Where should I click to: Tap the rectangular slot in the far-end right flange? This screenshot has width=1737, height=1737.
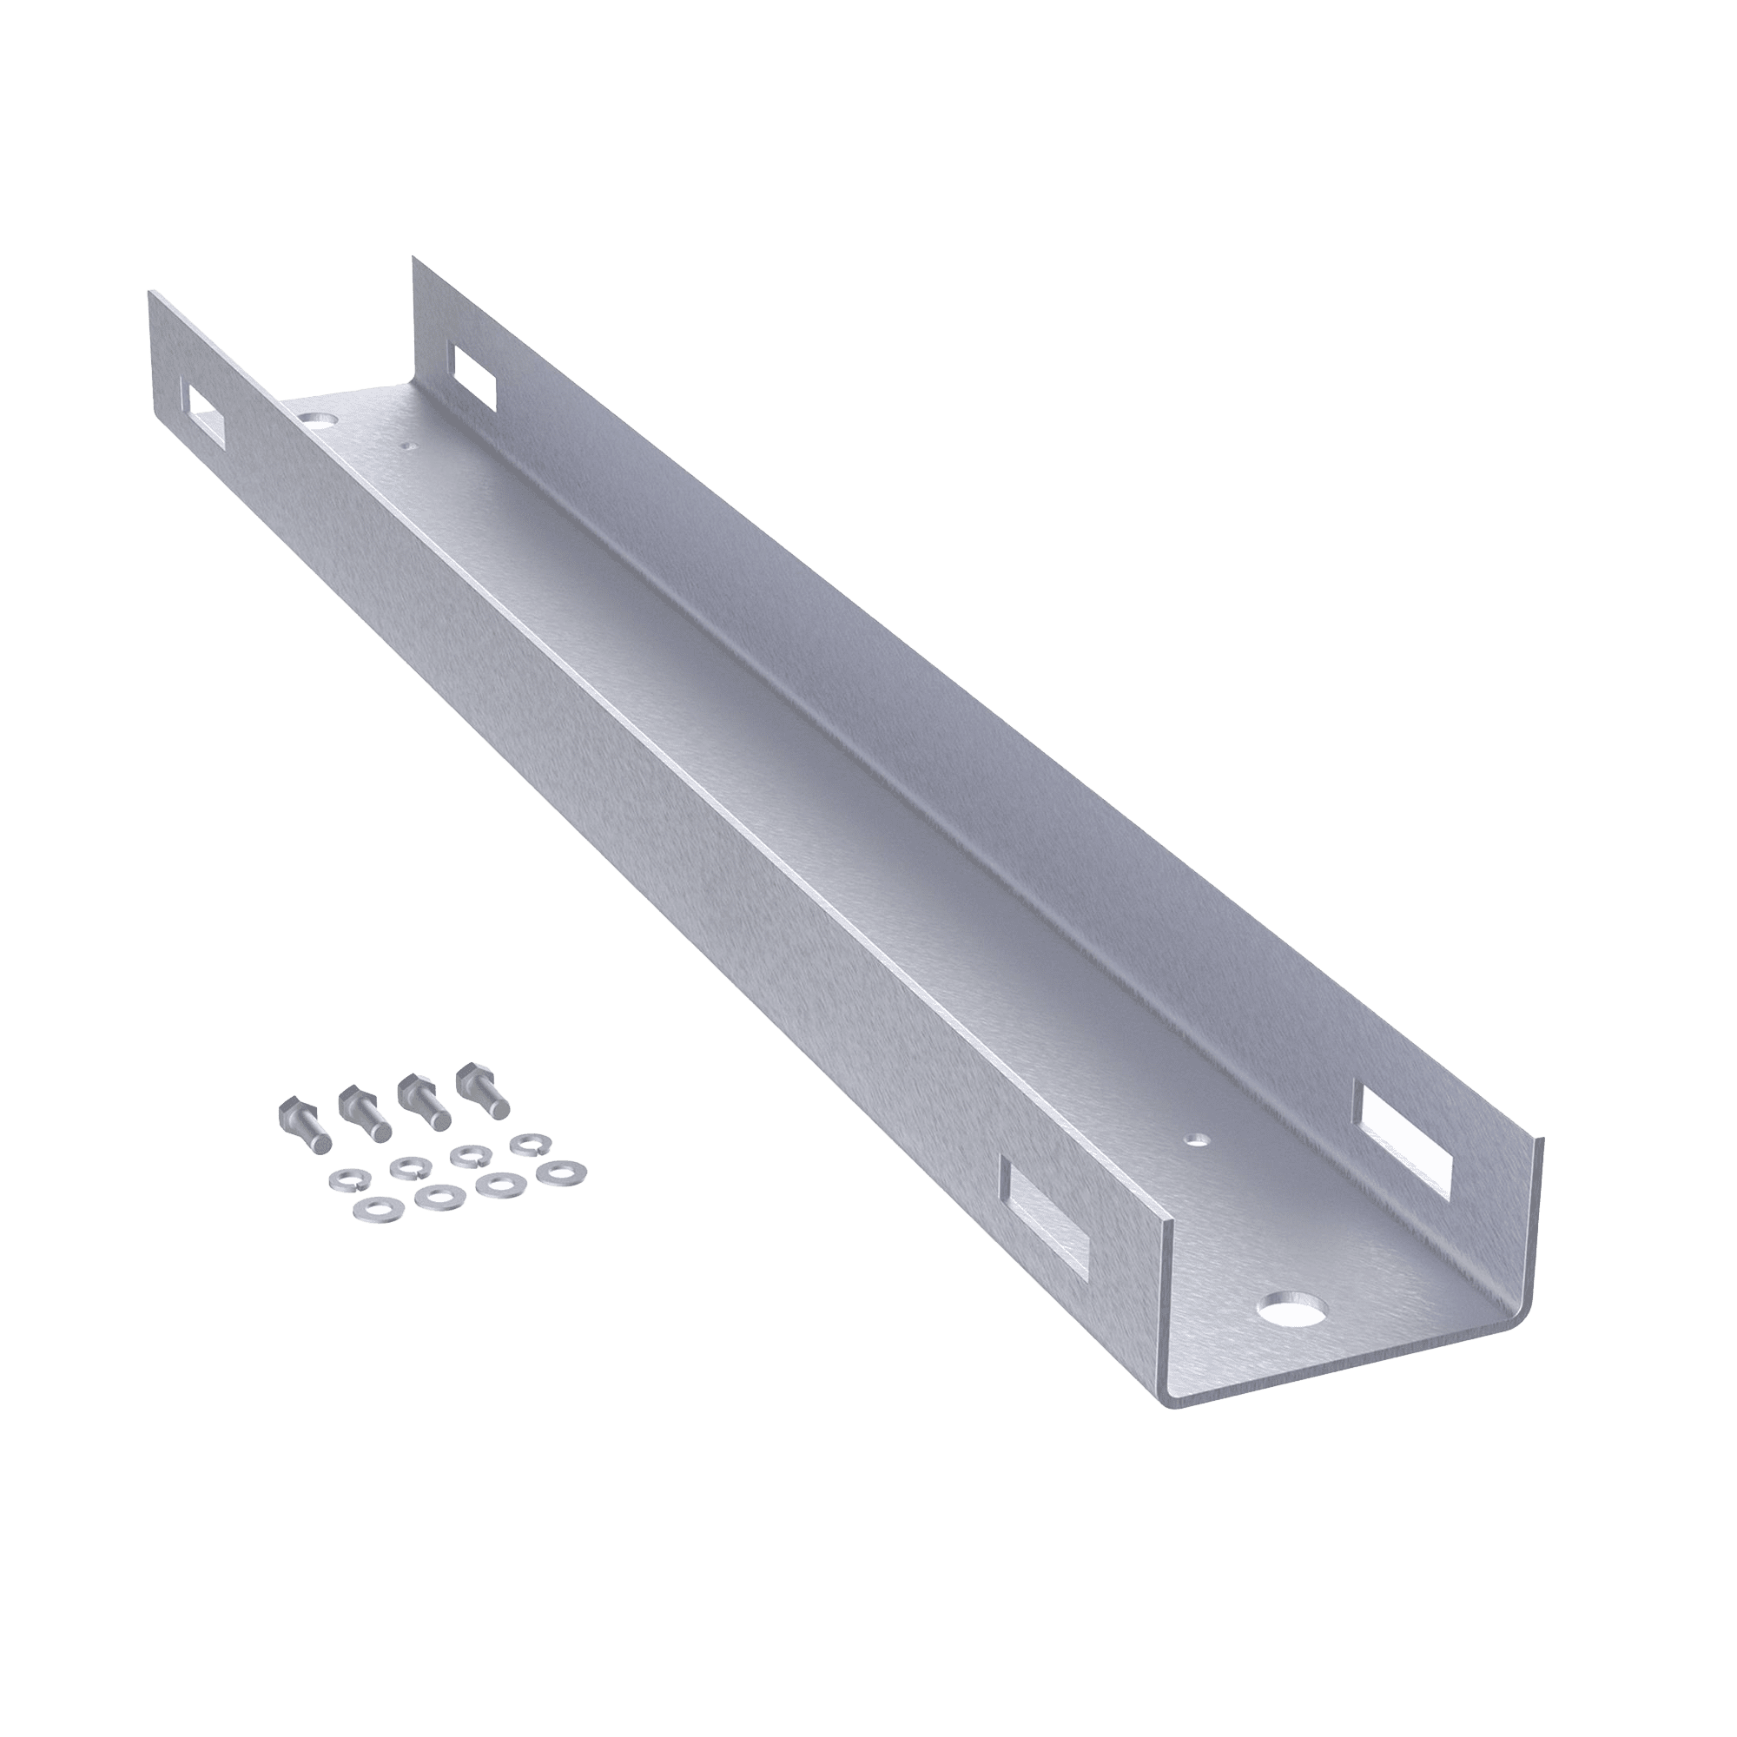(x=475, y=375)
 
